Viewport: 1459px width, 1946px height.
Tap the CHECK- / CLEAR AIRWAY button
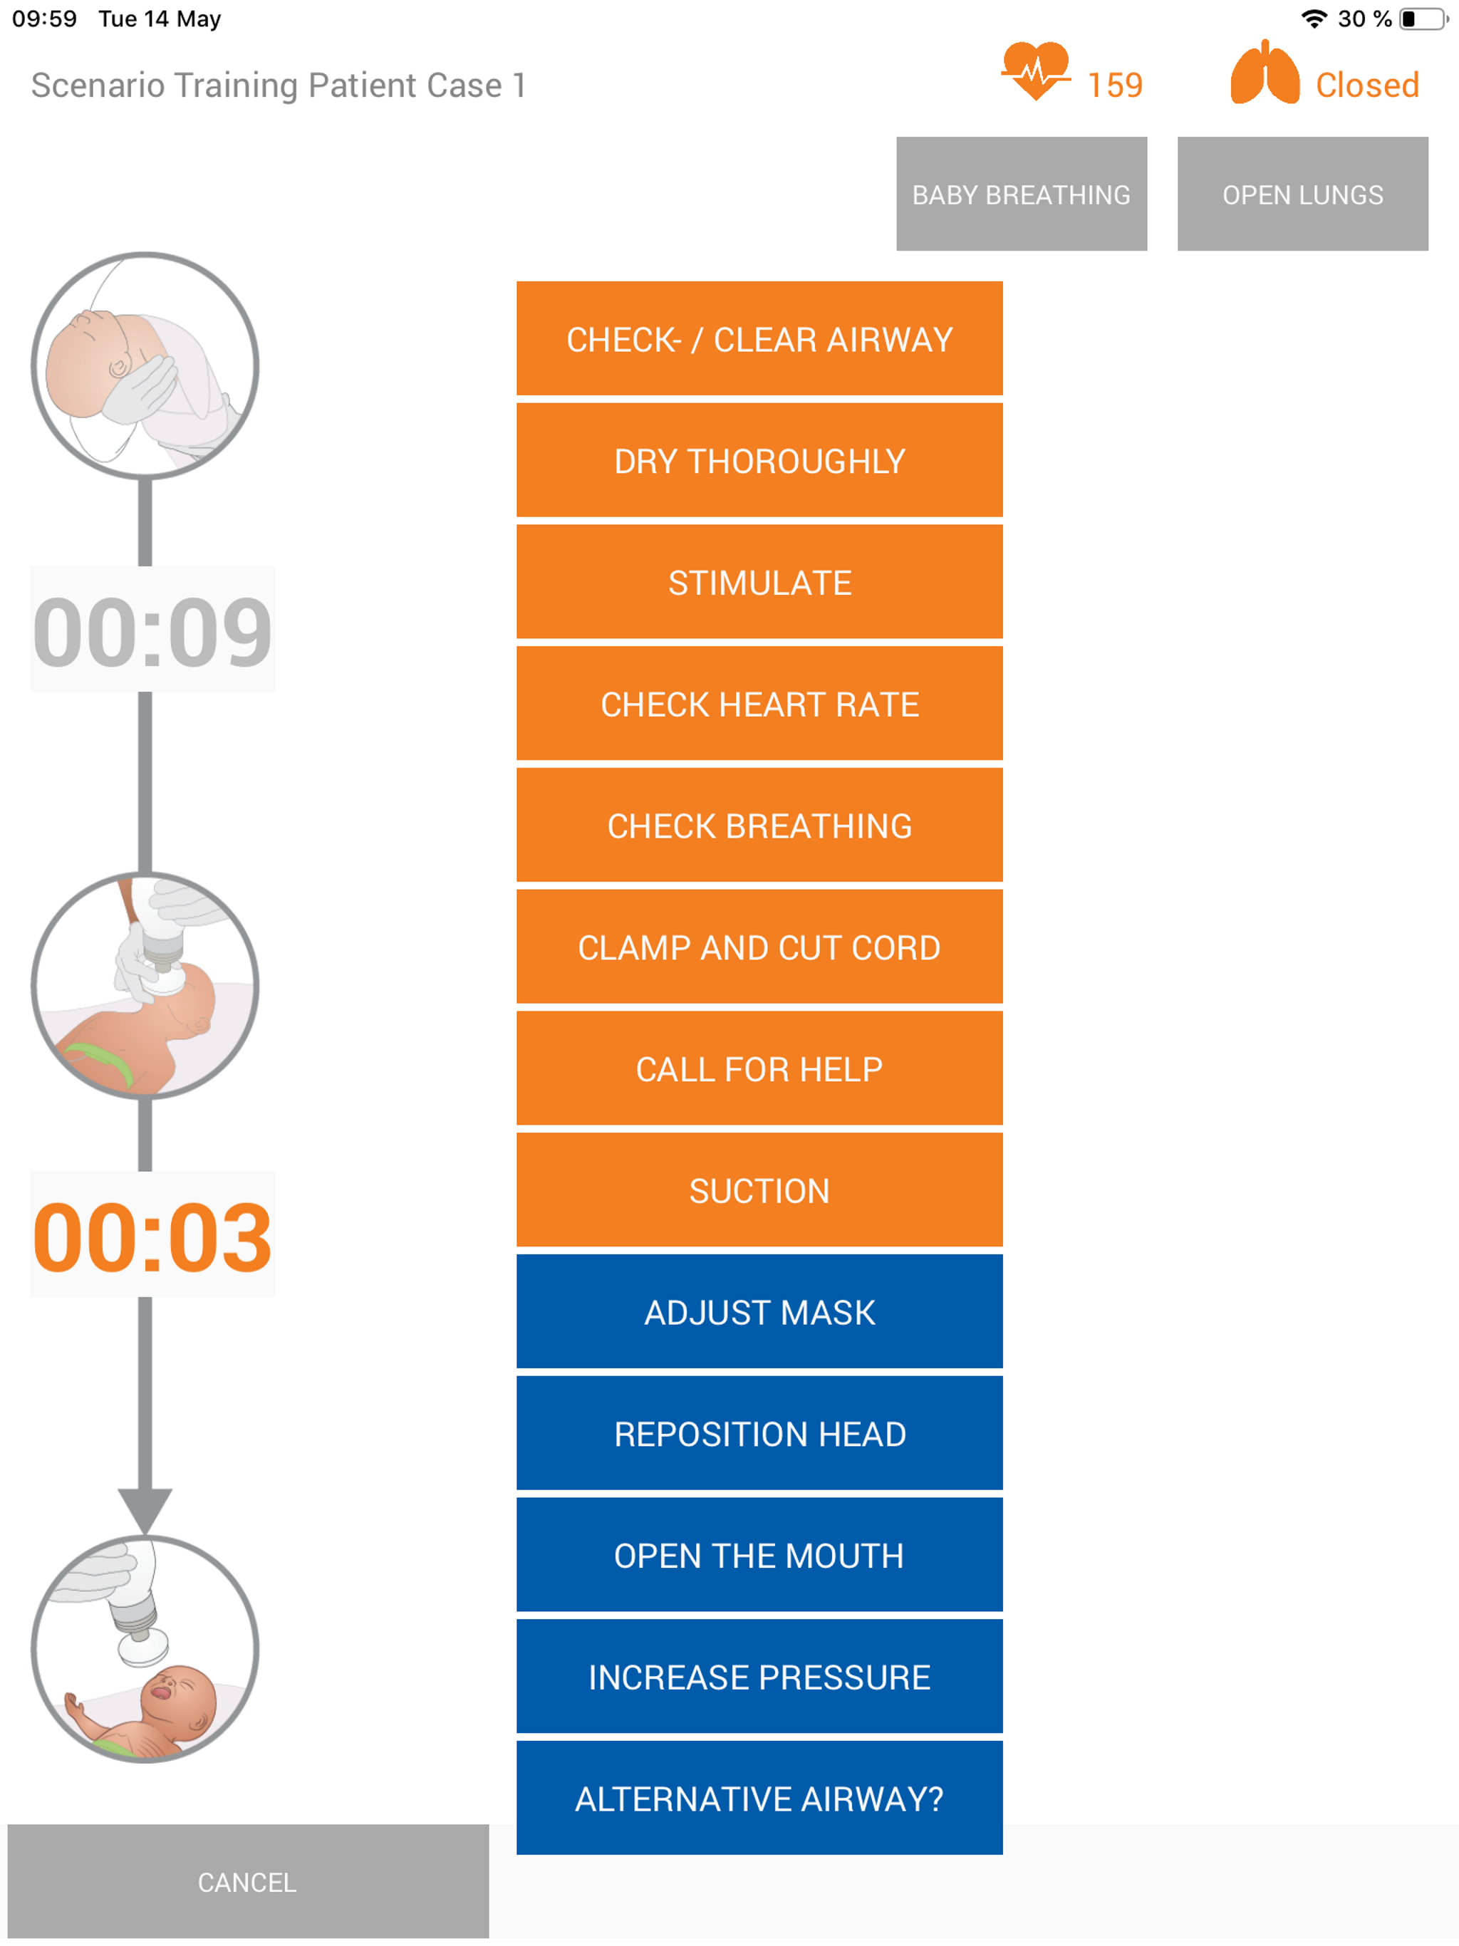[x=759, y=339]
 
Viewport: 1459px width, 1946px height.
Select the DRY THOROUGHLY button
[x=759, y=460]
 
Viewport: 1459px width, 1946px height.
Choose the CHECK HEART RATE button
[x=759, y=704]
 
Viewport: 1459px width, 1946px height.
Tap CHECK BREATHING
[x=759, y=826]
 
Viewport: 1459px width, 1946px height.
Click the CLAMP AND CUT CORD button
[x=759, y=947]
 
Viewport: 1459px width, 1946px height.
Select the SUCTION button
[x=759, y=1190]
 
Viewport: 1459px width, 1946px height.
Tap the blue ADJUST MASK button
[x=759, y=1312]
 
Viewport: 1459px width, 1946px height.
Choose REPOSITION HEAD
[x=759, y=1433]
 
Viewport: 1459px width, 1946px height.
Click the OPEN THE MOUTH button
[x=759, y=1554]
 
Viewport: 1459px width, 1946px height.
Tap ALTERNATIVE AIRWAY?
[x=759, y=1799]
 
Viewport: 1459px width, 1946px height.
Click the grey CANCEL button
[x=247, y=1882]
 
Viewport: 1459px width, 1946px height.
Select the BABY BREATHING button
[x=1021, y=194]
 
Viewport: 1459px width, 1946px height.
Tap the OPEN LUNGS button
[x=1302, y=194]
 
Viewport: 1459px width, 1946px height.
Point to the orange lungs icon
[x=1264, y=74]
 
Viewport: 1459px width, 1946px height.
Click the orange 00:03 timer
[x=152, y=1235]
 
